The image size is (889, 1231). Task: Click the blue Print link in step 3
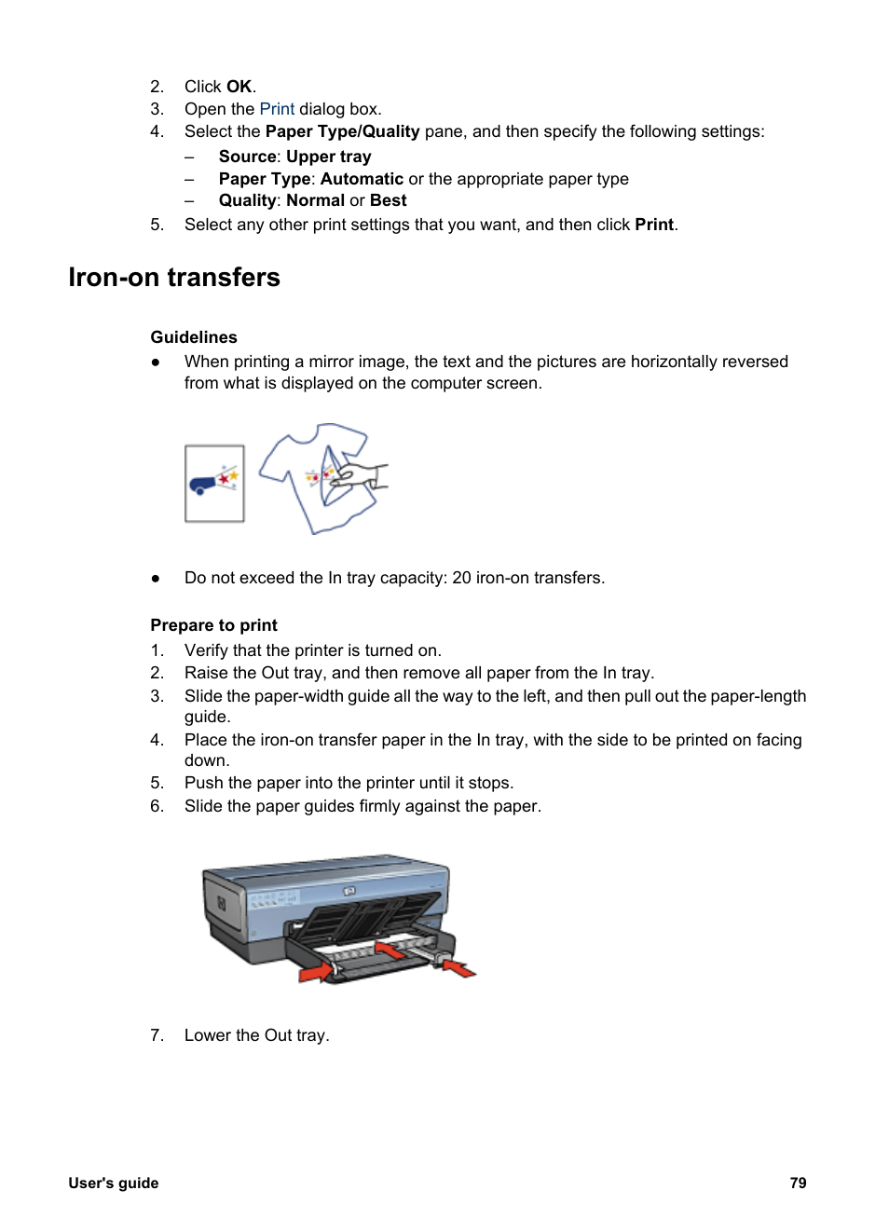(x=277, y=109)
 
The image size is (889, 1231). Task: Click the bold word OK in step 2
(x=239, y=87)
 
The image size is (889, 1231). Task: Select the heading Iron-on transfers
(x=174, y=278)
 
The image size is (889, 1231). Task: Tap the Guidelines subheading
(x=194, y=337)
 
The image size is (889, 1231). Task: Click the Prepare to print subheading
(x=213, y=625)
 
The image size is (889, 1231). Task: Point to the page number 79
(x=798, y=1183)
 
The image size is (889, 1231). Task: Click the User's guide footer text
(x=114, y=1183)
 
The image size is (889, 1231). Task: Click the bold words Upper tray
(x=328, y=157)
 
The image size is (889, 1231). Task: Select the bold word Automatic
(x=362, y=179)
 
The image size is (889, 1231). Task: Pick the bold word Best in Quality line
(x=388, y=200)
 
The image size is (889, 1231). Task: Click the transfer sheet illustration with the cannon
(x=214, y=483)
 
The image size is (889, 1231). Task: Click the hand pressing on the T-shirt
(x=363, y=475)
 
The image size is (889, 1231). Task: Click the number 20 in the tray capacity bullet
(x=461, y=578)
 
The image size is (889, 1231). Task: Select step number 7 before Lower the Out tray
(x=157, y=1035)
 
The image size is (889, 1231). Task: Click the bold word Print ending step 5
(x=654, y=225)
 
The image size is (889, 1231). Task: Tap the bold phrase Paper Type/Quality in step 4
(x=342, y=131)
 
